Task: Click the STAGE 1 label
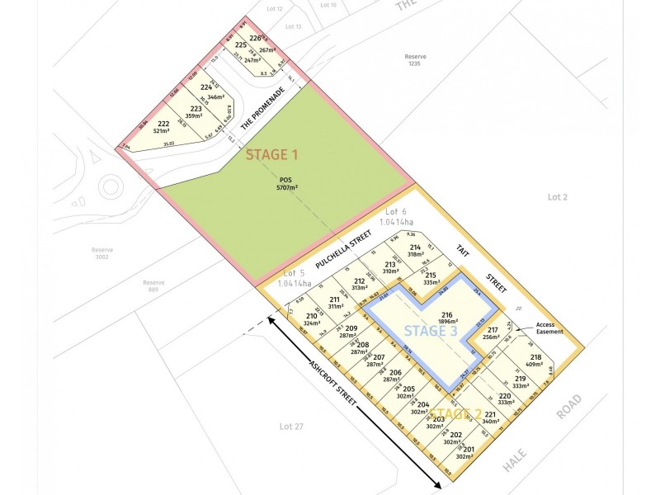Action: click(271, 154)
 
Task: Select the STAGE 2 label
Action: click(456, 412)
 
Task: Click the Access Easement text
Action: click(549, 328)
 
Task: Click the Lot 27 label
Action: click(286, 426)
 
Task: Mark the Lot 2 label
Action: click(558, 196)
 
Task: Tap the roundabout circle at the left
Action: click(119, 189)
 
